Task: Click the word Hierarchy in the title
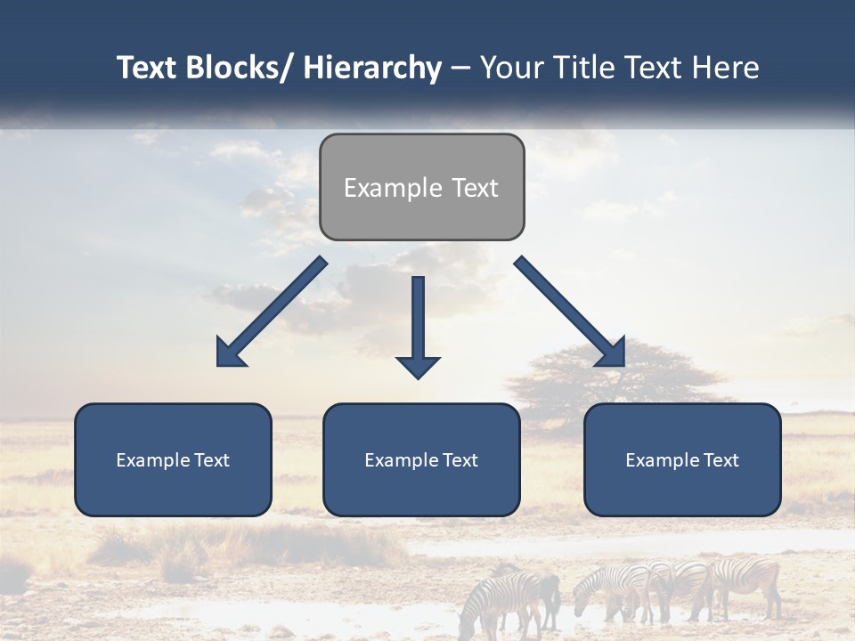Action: (372, 68)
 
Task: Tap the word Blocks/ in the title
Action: (241, 68)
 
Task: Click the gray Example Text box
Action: (421, 187)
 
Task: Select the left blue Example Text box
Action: (173, 459)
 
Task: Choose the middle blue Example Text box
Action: (421, 459)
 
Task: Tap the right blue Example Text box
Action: (682, 459)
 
